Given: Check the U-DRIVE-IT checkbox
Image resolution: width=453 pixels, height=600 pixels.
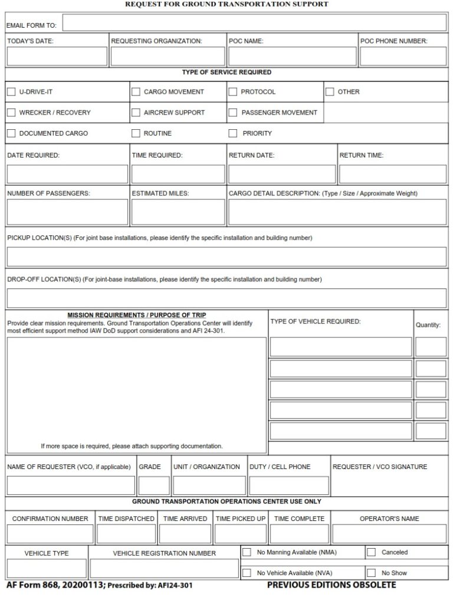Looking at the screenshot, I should tap(11, 92).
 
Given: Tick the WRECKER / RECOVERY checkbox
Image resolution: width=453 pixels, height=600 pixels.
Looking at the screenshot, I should tap(11, 113).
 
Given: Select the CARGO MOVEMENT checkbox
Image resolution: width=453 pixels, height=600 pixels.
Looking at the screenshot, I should tap(136, 92).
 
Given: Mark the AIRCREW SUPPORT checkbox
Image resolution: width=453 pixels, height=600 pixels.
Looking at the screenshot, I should tap(136, 113).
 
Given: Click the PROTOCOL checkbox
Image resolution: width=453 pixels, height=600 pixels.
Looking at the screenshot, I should tap(233, 92).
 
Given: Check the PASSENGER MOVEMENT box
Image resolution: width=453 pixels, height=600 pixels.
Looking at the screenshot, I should tap(233, 113).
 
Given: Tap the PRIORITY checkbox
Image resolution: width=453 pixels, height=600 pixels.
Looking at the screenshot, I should tap(233, 133).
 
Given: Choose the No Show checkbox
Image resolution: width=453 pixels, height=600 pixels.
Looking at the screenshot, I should tap(372, 573).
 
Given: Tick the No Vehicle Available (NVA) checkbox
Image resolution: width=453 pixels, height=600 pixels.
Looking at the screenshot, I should tap(247, 573).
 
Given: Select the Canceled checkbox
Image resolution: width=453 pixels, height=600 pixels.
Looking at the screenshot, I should tap(372, 553).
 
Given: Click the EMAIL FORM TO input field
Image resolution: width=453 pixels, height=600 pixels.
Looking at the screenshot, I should tap(254, 23).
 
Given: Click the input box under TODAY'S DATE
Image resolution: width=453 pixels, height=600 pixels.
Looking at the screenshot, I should tap(57, 57).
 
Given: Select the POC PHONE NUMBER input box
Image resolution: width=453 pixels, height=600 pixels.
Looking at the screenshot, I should tap(403, 57).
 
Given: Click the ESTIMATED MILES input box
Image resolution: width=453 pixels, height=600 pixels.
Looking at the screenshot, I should tap(178, 212).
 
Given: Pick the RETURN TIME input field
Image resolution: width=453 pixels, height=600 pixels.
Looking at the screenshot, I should tap(392, 174).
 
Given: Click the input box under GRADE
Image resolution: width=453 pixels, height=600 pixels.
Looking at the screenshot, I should tap(154, 486).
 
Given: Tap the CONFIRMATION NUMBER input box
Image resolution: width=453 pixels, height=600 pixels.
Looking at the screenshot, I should tap(50, 534).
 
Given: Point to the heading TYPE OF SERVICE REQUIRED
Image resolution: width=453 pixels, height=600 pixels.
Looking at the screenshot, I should tap(226, 73).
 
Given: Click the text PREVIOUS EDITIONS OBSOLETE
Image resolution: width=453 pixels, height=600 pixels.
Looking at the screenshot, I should tap(331, 585).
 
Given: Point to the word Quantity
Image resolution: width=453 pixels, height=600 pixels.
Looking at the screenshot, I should tap(428, 325).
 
